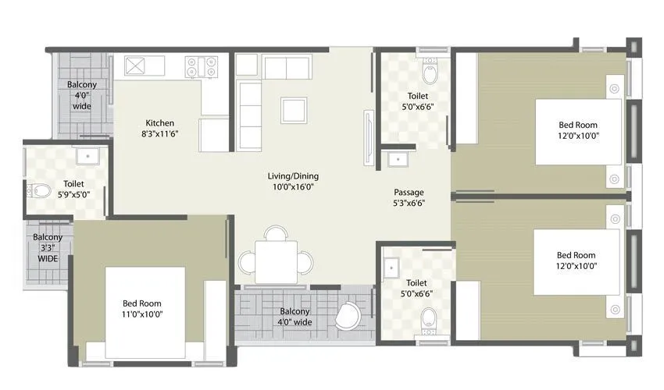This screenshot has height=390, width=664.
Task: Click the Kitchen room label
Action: coord(159,123)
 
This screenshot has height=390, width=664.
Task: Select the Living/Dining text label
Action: coord(293,176)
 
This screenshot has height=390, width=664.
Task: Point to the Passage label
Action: coord(409,191)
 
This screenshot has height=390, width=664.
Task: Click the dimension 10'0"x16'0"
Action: coord(293,187)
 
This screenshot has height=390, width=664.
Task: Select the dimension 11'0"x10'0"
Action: coord(141,314)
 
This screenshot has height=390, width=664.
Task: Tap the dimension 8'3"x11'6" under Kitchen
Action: coord(159,134)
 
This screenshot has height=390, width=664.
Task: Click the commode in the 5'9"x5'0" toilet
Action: coord(39,190)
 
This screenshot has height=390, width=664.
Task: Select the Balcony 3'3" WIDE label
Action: coord(48,248)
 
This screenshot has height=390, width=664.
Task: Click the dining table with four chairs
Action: coord(276,259)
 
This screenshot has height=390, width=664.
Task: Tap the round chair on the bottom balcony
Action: coord(348,316)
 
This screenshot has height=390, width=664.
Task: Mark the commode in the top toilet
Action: coord(429,73)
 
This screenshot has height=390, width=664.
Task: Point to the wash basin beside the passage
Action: coord(399,160)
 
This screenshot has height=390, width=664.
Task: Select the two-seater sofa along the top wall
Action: coord(287,67)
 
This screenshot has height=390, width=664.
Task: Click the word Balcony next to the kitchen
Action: coord(82,84)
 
